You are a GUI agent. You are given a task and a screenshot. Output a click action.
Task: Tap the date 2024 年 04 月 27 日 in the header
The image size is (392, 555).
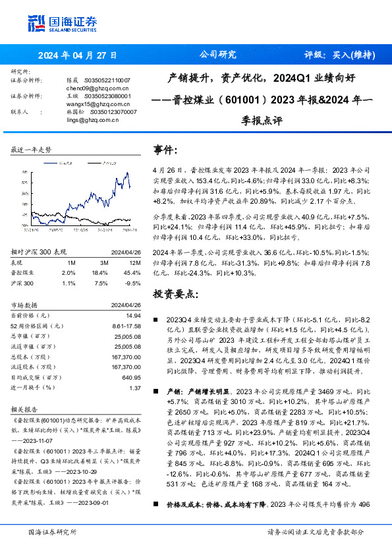77,55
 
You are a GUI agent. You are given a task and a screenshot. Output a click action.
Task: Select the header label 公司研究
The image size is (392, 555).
217,55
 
